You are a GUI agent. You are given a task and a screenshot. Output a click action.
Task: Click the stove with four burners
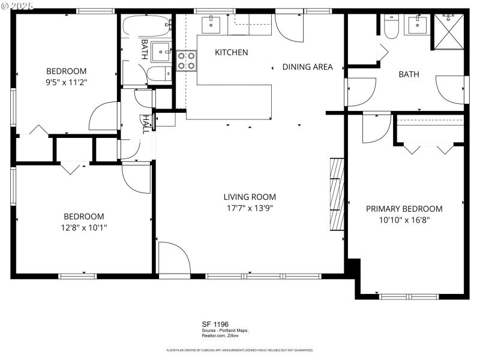[x=186, y=61]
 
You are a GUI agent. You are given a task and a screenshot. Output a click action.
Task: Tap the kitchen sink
[x=212, y=25]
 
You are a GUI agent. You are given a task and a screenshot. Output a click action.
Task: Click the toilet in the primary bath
[x=391, y=27]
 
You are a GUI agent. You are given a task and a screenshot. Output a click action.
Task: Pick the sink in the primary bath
[x=418, y=25]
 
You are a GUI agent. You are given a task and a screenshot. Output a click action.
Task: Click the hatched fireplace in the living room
[x=337, y=194]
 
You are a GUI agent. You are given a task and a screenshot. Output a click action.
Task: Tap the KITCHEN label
[x=231, y=53]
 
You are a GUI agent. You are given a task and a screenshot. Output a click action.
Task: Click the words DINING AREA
[x=307, y=67]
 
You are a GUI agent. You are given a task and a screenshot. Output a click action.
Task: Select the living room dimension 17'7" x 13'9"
[x=250, y=208]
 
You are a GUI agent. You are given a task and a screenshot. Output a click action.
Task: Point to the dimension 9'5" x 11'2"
[x=67, y=82]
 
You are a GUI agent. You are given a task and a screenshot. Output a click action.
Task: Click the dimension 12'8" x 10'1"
[x=84, y=227]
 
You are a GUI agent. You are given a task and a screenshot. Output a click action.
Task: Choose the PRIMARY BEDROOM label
[x=404, y=209]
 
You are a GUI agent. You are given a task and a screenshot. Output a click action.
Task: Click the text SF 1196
[x=215, y=324]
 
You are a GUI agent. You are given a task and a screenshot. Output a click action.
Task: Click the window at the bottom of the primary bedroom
[x=404, y=296]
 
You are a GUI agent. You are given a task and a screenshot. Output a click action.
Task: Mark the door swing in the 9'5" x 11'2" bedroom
[x=103, y=117]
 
